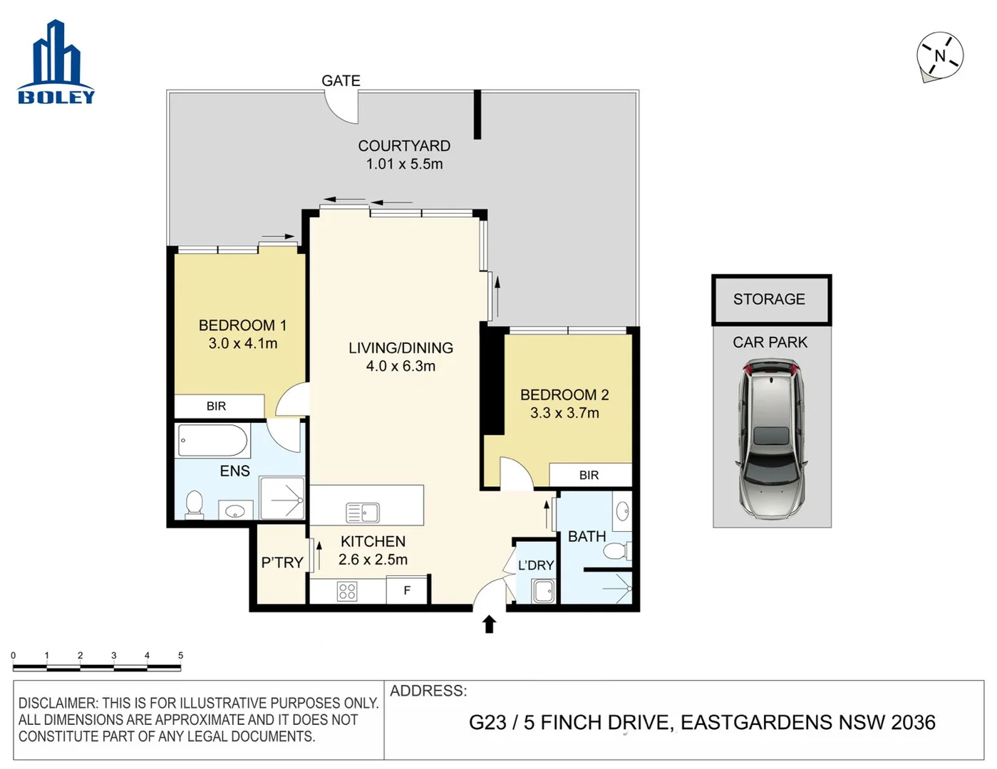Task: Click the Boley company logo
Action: point(56,64)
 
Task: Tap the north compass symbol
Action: point(939,56)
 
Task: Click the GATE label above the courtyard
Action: point(341,80)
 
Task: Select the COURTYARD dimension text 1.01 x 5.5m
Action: point(404,164)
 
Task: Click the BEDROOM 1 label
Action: point(242,325)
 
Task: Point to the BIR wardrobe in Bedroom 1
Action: point(217,406)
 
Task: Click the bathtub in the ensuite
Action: point(212,441)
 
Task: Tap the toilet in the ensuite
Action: point(194,503)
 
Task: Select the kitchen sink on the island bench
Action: point(363,512)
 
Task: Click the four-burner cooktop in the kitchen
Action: point(347,591)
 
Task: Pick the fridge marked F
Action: point(407,590)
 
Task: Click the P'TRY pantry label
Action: point(282,563)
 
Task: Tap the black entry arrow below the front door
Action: point(489,624)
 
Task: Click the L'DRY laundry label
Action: point(536,565)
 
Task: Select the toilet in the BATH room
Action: point(616,550)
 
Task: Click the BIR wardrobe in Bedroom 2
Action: point(589,475)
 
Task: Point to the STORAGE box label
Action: point(769,299)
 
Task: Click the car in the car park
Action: point(772,438)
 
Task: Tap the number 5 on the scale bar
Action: point(180,655)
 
